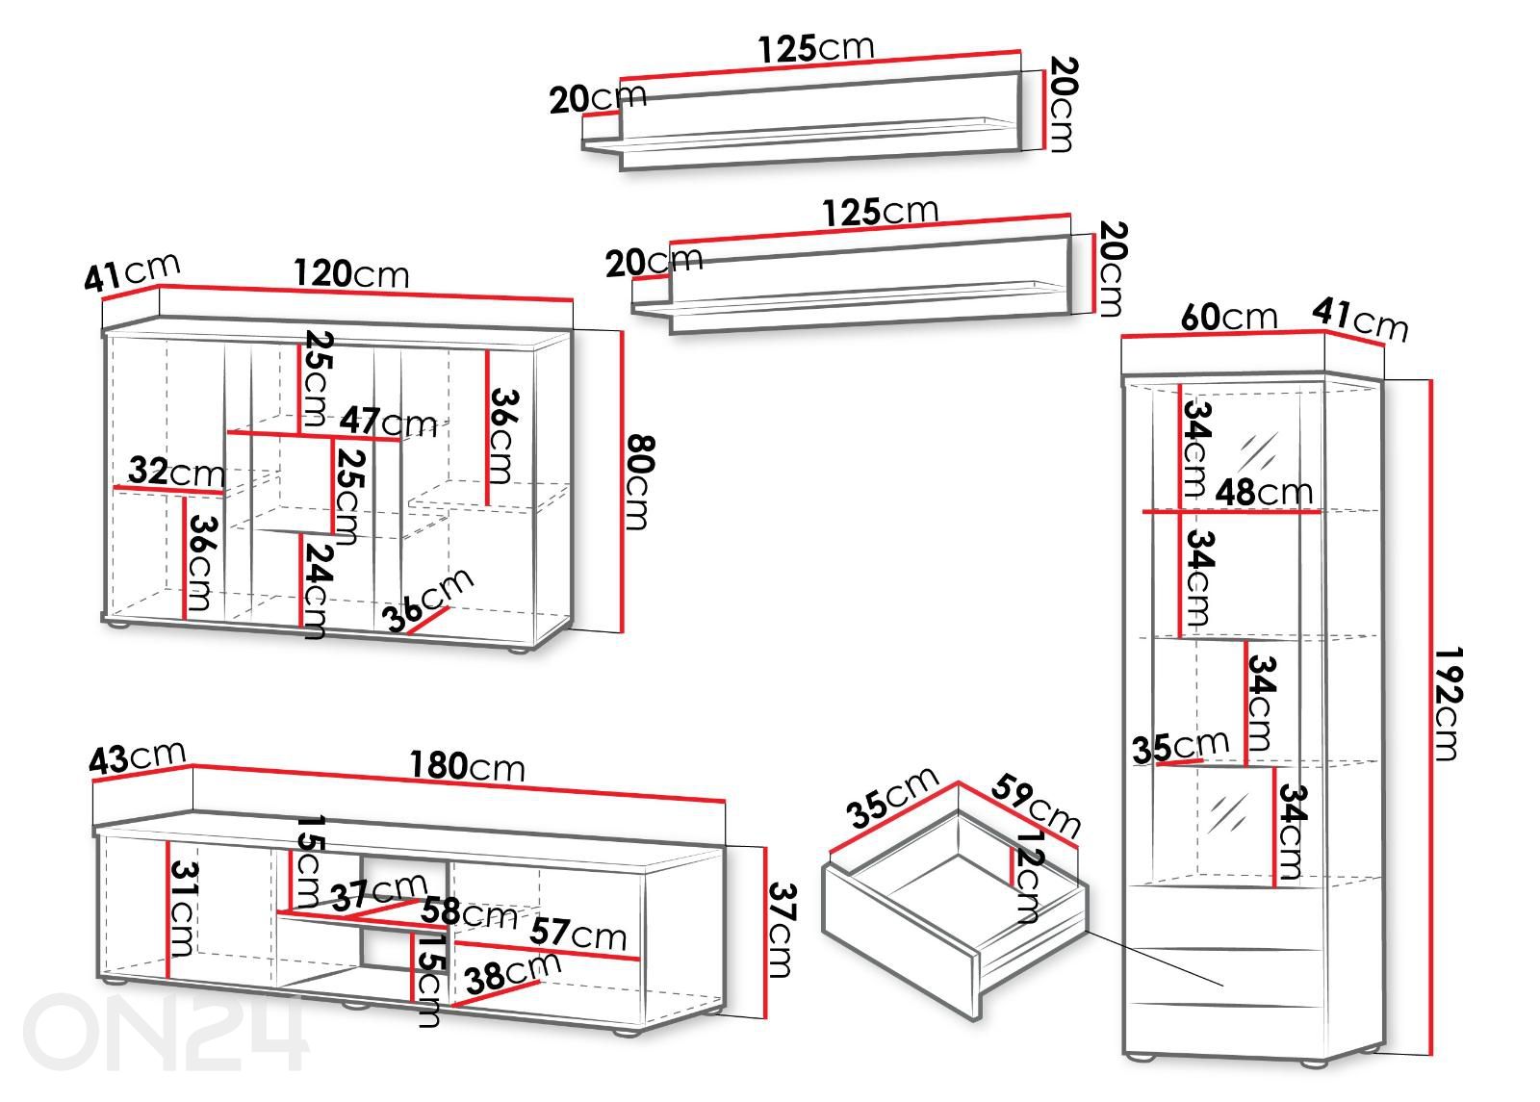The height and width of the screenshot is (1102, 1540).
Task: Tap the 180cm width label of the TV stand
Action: tap(467, 766)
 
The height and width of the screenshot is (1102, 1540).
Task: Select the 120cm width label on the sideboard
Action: tap(350, 274)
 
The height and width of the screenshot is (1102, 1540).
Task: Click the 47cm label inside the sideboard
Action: tap(388, 422)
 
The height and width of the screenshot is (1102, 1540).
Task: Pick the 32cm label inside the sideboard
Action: tap(176, 472)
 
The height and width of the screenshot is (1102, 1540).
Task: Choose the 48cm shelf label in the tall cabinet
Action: tap(1263, 492)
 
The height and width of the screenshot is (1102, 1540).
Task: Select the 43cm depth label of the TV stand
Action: tap(137, 757)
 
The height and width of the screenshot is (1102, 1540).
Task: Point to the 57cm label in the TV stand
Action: tap(578, 934)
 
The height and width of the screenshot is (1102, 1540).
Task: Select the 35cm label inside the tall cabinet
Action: tap(1180, 746)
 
